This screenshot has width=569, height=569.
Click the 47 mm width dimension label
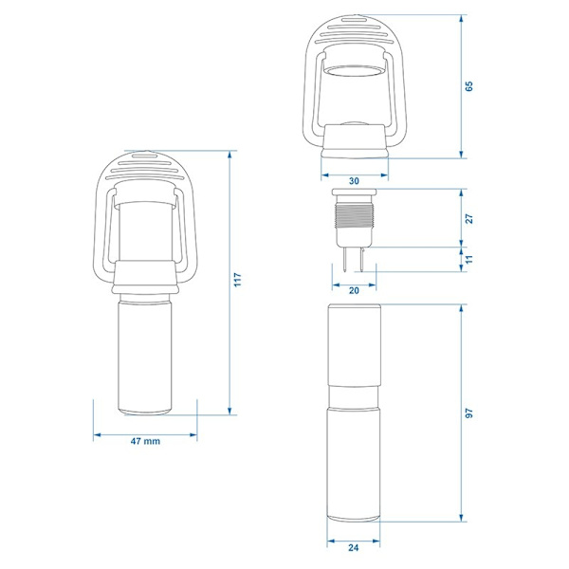145,441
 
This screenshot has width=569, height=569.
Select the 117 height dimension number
237,280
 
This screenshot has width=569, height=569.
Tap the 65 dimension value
469,86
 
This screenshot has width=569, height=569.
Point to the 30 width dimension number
354,181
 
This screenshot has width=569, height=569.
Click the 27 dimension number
469,219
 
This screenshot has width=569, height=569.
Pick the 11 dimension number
469,259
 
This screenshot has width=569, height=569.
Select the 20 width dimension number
354,290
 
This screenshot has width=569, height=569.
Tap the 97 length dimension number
469,413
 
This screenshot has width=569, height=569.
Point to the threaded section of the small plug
354,216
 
